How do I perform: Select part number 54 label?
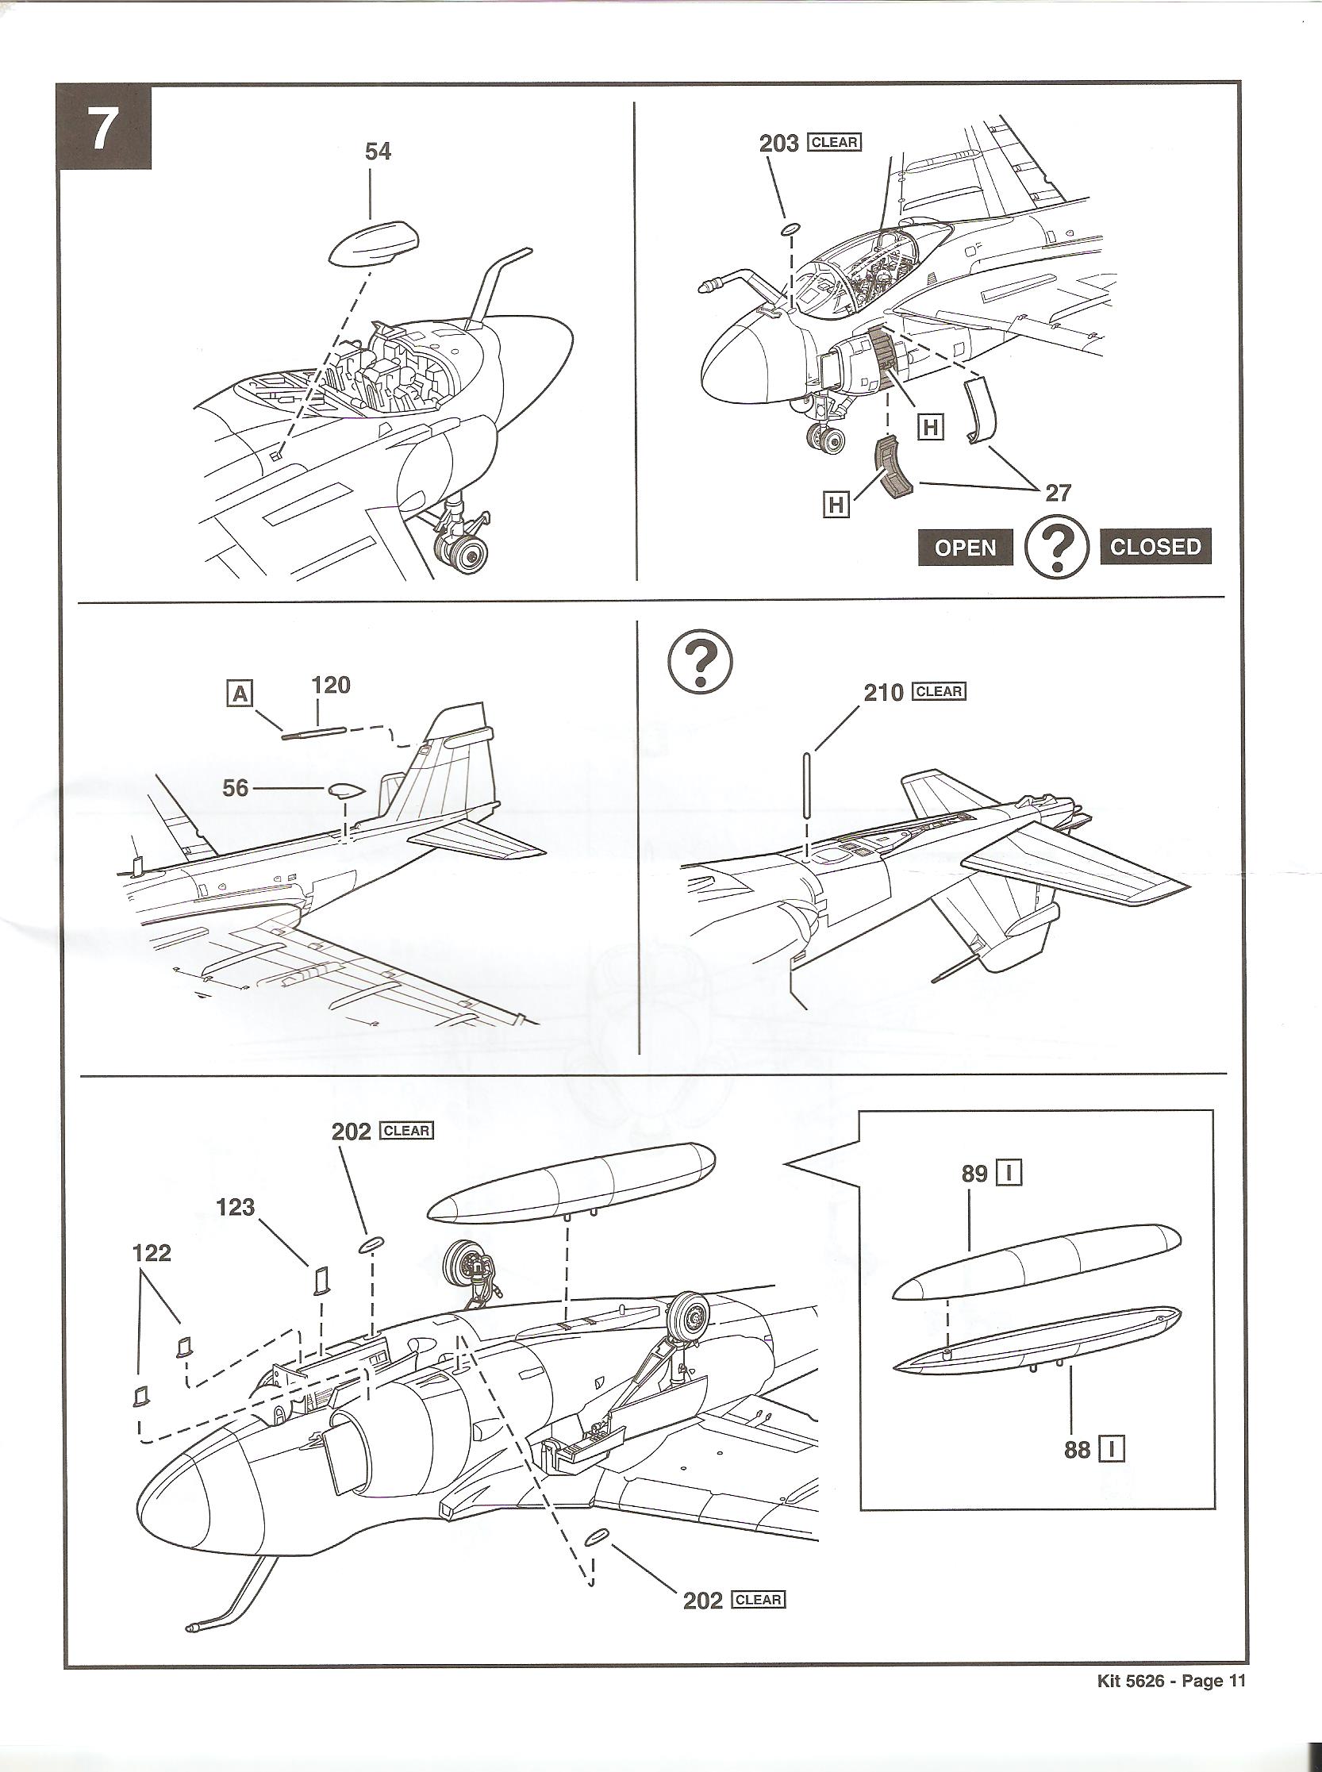coord(378,152)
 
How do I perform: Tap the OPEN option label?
coord(965,548)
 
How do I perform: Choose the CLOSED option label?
coord(1155,547)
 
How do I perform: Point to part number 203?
coord(778,144)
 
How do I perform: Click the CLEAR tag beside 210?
coord(940,691)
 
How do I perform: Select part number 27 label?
coord(1058,493)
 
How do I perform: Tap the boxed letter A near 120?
coord(240,694)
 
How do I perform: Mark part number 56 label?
coord(235,788)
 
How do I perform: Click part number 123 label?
coord(235,1207)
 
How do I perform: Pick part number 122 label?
coord(152,1252)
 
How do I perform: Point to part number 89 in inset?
coord(974,1174)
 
